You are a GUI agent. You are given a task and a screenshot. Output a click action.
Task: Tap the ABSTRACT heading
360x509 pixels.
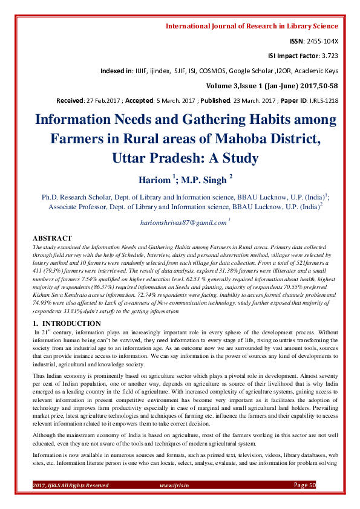tap(52, 239)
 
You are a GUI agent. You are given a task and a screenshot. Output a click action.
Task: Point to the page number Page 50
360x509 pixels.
tap(304, 485)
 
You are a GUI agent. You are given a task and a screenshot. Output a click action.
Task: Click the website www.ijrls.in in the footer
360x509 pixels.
tap(174, 485)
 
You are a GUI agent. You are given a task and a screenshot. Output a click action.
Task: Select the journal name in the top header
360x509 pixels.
tap(252, 26)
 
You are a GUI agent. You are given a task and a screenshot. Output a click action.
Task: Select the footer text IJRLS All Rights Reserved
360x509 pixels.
tap(76, 485)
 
